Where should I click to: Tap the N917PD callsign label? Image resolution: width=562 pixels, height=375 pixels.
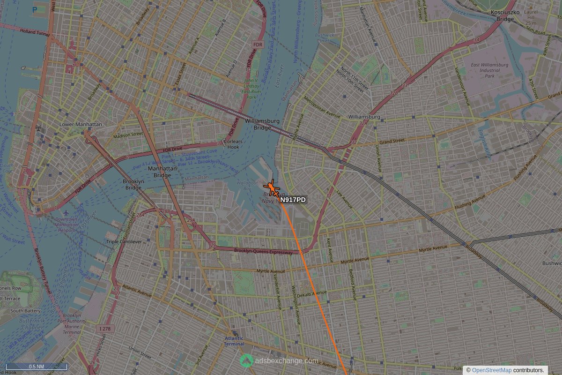point(293,200)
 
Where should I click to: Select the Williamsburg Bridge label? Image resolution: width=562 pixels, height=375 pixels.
point(262,124)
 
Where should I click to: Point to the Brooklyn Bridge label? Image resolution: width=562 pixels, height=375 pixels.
point(133,184)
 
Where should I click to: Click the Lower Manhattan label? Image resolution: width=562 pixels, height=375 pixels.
point(81,124)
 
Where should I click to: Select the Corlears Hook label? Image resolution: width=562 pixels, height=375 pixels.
point(233,144)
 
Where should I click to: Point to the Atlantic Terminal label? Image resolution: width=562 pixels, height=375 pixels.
point(234,341)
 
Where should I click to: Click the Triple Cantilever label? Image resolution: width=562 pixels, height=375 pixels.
point(124,241)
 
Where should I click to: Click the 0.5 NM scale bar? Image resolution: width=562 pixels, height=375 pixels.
point(37,367)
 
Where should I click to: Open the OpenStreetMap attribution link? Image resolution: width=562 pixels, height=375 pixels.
point(491,370)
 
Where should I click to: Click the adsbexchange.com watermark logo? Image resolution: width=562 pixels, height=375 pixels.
point(246,360)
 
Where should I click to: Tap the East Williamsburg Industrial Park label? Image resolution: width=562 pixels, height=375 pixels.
point(489,70)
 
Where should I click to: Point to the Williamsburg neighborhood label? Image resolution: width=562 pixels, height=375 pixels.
point(364,116)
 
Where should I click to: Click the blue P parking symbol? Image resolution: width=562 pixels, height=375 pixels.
point(35,9)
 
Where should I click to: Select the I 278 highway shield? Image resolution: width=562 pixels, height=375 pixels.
point(105,329)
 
